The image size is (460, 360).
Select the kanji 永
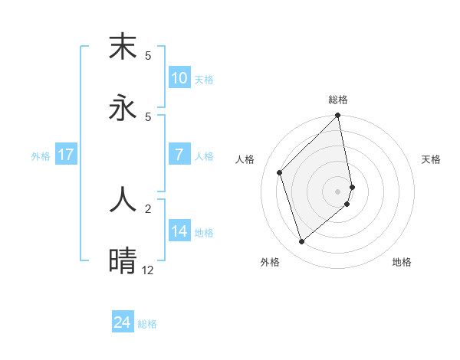(x=123, y=107)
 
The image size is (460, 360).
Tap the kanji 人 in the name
(x=123, y=198)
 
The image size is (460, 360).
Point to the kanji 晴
(x=123, y=260)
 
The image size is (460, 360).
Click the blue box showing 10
(x=179, y=78)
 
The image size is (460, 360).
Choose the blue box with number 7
(x=179, y=155)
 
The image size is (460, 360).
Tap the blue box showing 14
(x=179, y=231)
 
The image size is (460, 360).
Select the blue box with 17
(x=65, y=155)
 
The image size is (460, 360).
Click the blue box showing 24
(x=123, y=322)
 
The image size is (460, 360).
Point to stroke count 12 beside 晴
(x=147, y=270)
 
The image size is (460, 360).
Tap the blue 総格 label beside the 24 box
(x=147, y=324)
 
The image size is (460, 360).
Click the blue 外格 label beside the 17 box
(x=41, y=155)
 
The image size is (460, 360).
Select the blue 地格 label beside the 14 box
(x=204, y=232)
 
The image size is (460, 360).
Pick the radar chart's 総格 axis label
(x=338, y=100)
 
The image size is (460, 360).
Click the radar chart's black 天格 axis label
(x=431, y=159)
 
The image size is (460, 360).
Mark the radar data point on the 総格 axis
(x=338, y=116)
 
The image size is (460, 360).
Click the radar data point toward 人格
(x=280, y=172)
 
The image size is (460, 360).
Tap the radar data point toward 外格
(x=301, y=242)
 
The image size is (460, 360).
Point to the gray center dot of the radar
(x=338, y=191)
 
